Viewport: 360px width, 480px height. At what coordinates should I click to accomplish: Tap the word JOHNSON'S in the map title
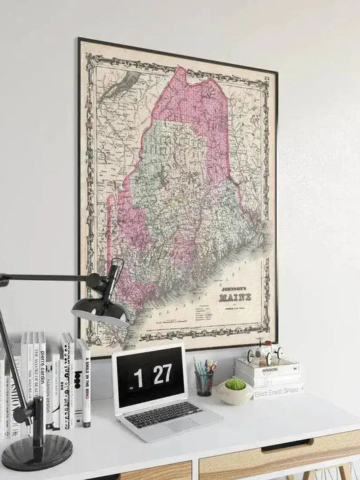pyautogui.click(x=234, y=287)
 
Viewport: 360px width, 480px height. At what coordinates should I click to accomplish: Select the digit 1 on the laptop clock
pyautogui.click(x=138, y=378)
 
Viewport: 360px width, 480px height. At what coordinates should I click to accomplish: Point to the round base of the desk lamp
pyautogui.click(x=36, y=451)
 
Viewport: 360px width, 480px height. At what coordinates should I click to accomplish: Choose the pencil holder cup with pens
pyautogui.click(x=204, y=382)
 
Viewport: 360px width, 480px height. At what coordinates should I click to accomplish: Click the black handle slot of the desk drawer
pyautogui.click(x=286, y=446)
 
